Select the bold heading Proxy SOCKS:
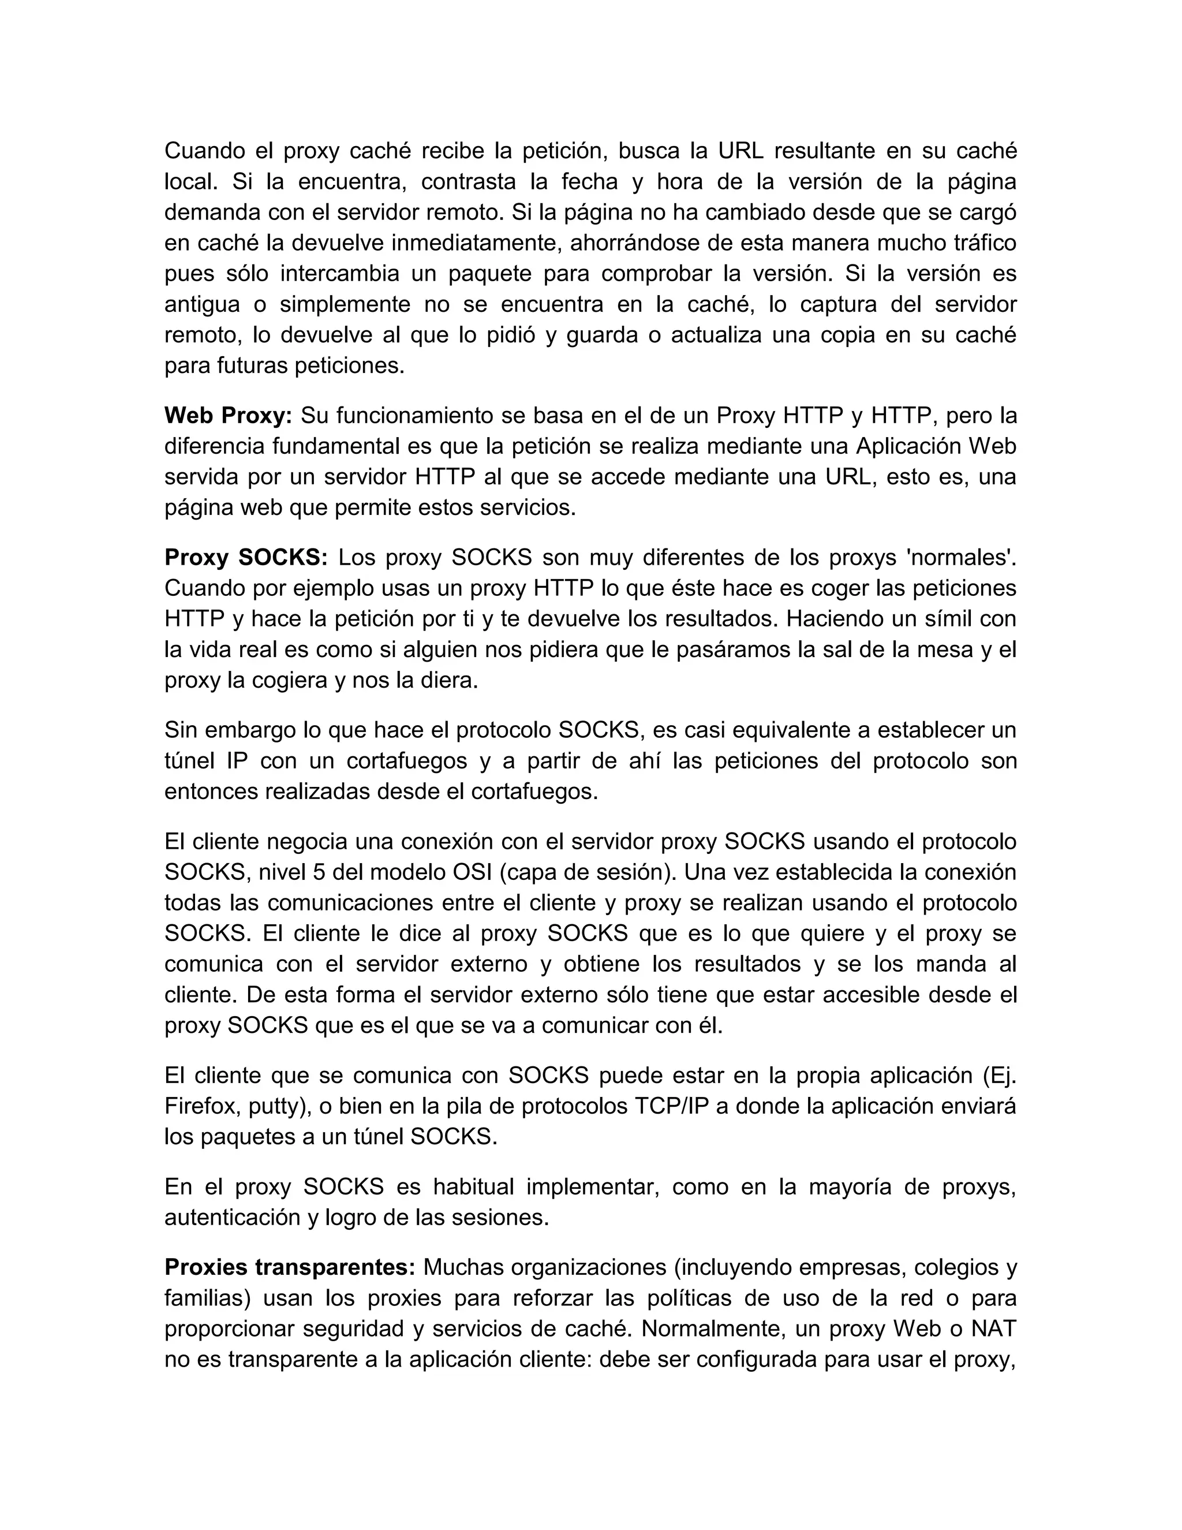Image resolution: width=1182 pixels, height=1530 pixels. click(x=245, y=558)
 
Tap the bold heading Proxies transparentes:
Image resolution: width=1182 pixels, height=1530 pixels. click(x=290, y=1267)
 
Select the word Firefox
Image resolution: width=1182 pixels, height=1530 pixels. click(x=203, y=1106)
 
